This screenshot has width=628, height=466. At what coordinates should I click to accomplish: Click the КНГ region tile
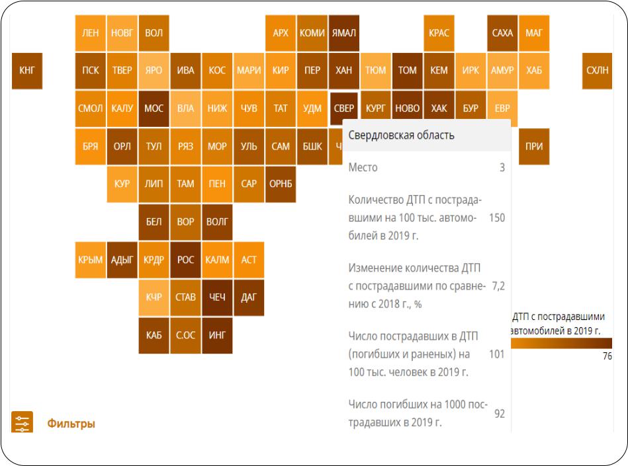pyautogui.click(x=27, y=70)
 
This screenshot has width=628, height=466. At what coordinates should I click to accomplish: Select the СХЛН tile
pyautogui.click(x=598, y=70)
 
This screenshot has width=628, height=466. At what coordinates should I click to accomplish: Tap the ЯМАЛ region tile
pyautogui.click(x=344, y=33)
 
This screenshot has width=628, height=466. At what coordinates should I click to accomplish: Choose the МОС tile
pyautogui.click(x=154, y=108)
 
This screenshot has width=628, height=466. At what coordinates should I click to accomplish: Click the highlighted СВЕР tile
pyautogui.click(x=344, y=108)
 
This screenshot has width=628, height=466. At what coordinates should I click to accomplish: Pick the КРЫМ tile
pyautogui.click(x=91, y=260)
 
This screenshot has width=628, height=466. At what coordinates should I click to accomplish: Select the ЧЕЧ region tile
pyautogui.click(x=217, y=297)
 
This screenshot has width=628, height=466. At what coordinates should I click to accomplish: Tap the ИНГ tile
pyautogui.click(x=217, y=335)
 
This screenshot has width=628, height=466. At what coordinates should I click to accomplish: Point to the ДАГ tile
pyautogui.click(x=249, y=297)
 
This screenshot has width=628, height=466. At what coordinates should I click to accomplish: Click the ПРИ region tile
pyautogui.click(x=534, y=146)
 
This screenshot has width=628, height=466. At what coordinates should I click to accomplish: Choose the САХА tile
pyautogui.click(x=502, y=33)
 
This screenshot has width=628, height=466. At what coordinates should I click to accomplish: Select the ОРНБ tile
pyautogui.click(x=281, y=184)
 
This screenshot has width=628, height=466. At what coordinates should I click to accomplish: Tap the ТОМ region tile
pyautogui.click(x=408, y=70)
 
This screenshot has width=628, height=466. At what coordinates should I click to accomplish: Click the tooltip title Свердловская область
pyautogui.click(x=402, y=136)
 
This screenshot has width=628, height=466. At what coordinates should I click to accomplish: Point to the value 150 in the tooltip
pyautogui.click(x=496, y=217)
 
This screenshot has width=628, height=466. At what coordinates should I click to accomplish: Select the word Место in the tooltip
pyautogui.click(x=363, y=168)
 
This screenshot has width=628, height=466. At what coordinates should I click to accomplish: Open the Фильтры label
pyautogui.click(x=71, y=424)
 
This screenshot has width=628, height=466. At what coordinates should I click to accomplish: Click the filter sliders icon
pyautogui.click(x=22, y=423)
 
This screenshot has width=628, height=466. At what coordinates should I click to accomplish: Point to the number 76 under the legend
pyautogui.click(x=607, y=356)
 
